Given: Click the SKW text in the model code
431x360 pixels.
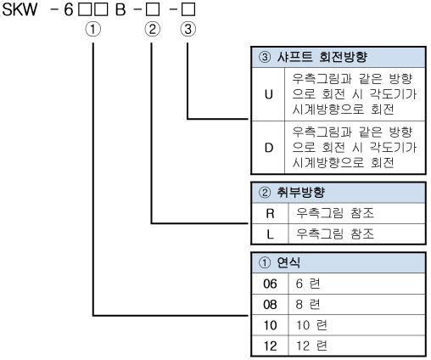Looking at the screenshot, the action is click(x=20, y=9).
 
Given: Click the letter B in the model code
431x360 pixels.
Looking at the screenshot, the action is click(x=120, y=9).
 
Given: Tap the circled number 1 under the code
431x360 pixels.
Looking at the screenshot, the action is click(x=93, y=29).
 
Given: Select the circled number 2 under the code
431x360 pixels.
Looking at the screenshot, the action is click(x=153, y=29).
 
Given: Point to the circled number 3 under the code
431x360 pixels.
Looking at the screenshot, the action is click(x=188, y=29).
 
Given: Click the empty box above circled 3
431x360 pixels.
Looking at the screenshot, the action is click(x=188, y=9).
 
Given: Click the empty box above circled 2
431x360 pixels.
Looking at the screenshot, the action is click(x=153, y=9).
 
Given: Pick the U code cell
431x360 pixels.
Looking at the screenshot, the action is click(x=268, y=94).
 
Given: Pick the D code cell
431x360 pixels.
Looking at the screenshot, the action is click(x=268, y=148).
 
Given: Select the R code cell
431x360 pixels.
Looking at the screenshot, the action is click(x=271, y=213).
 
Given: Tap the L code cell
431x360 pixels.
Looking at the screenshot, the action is click(x=271, y=234).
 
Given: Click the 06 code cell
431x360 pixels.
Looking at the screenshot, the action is click(x=270, y=284).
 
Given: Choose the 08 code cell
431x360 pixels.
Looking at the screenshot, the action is click(x=270, y=305).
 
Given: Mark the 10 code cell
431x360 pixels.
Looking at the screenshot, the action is click(x=270, y=325).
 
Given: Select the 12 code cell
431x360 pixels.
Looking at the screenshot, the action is click(x=270, y=346).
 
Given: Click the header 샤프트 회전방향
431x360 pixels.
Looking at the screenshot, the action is click(x=322, y=57).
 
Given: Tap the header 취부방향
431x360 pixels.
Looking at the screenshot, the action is click(x=300, y=193).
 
